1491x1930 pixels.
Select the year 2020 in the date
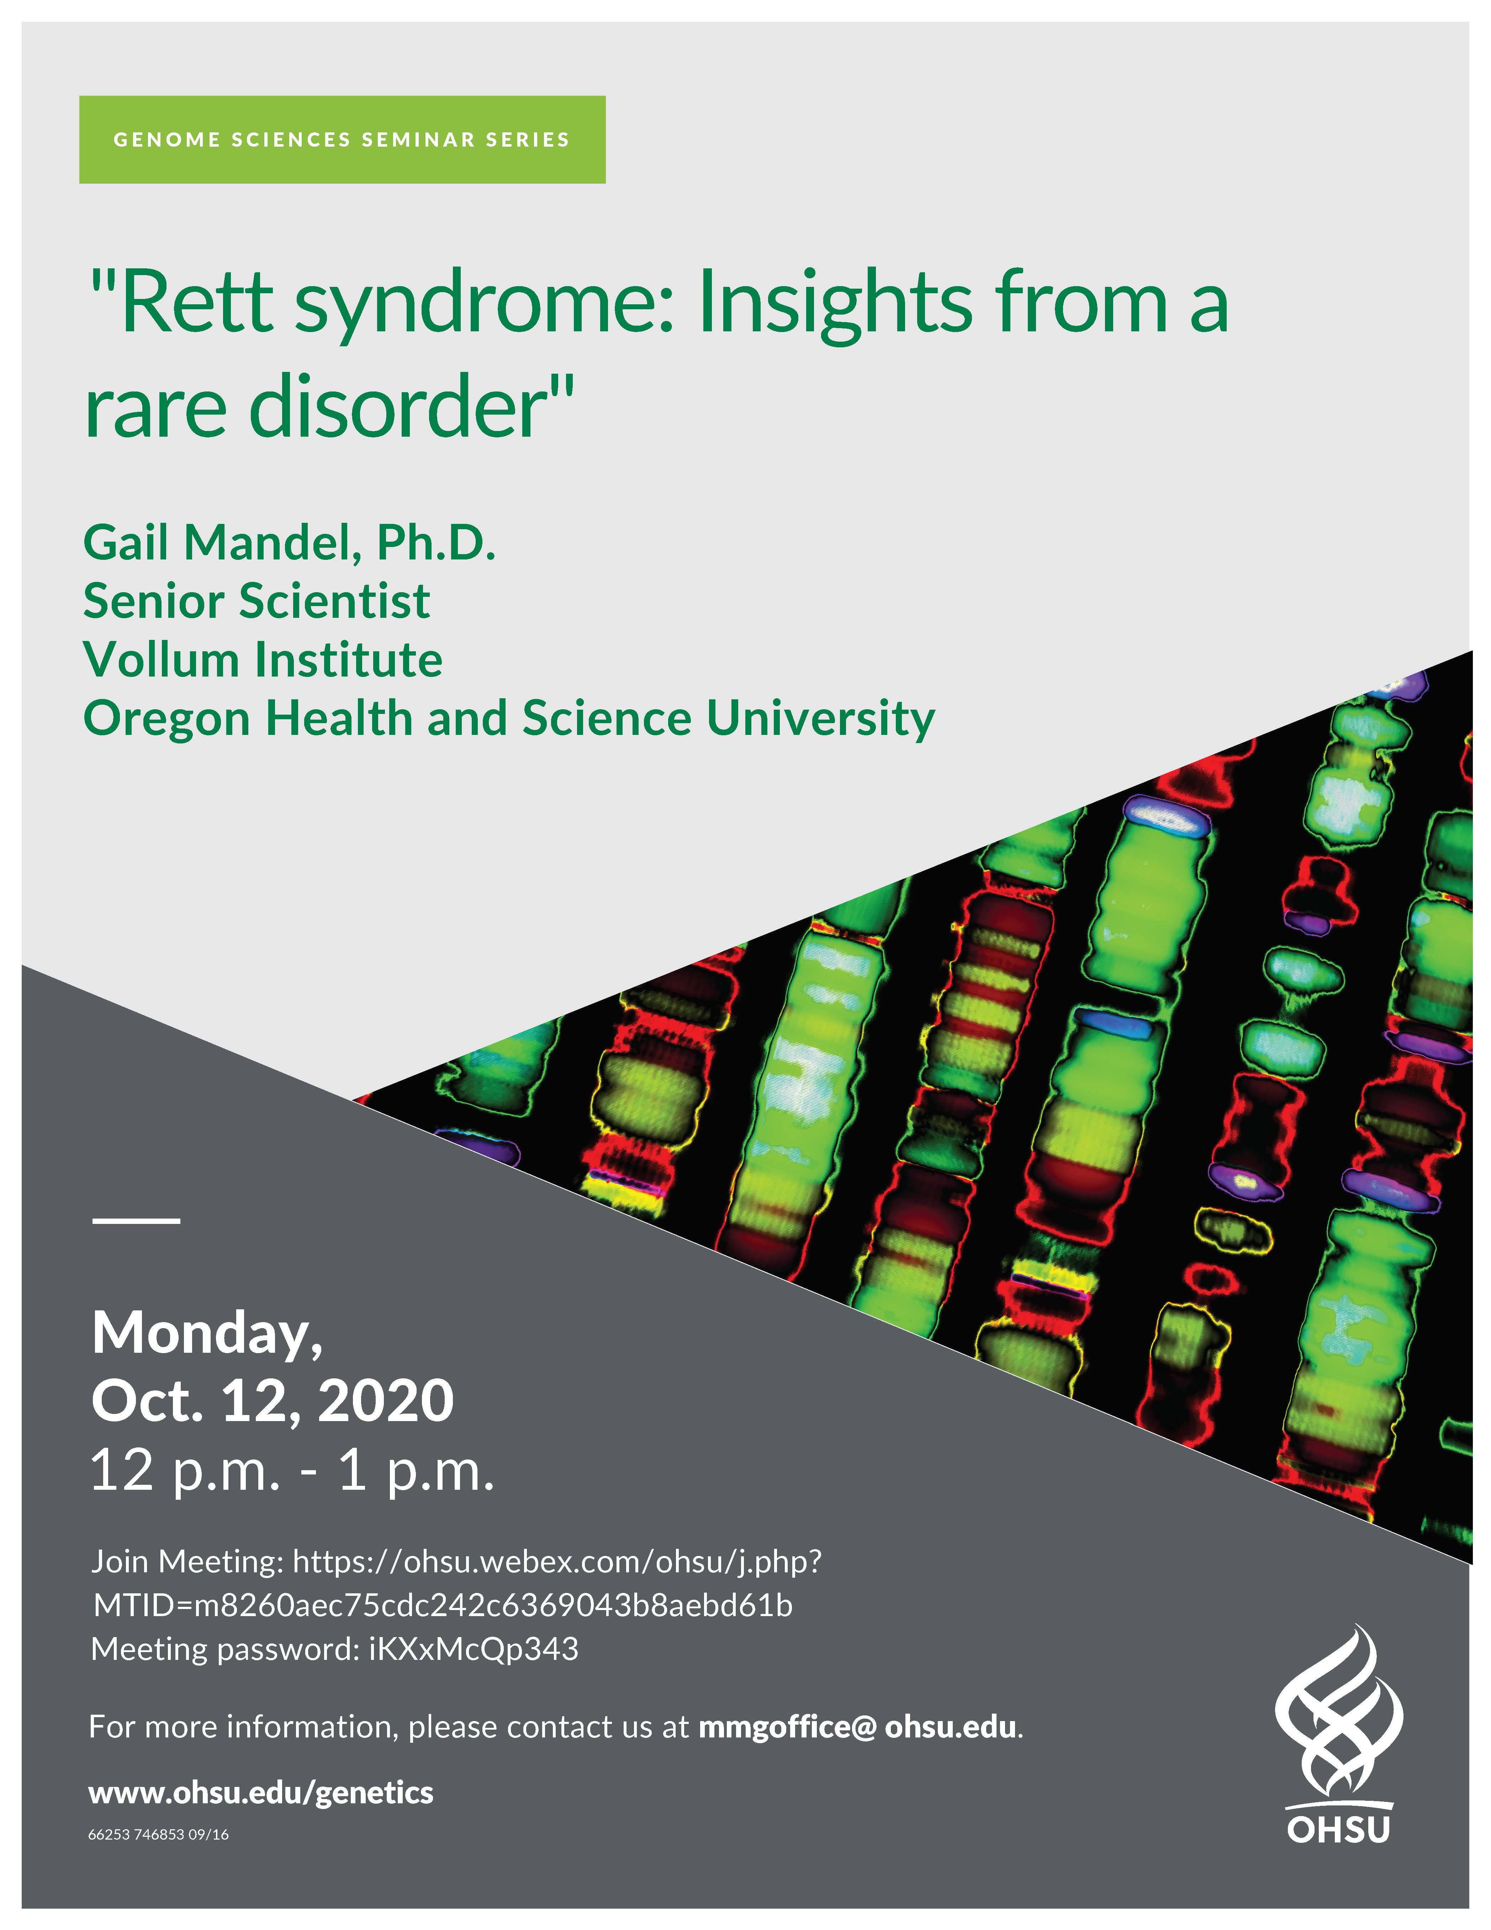(385, 1401)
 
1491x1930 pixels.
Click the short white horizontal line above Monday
(136, 1220)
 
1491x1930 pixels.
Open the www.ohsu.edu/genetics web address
(260, 1793)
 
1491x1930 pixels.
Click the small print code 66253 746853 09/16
(158, 1835)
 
